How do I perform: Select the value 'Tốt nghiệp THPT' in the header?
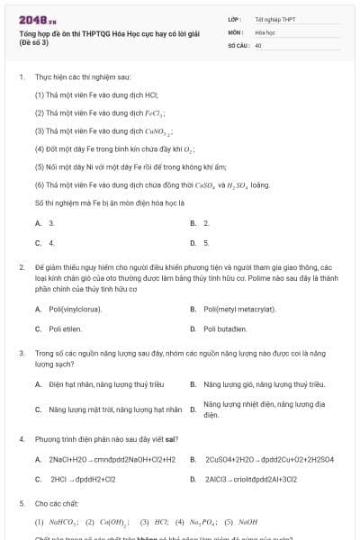point(275,18)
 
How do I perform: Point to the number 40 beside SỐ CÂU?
point(258,44)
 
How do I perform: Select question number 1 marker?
point(21,77)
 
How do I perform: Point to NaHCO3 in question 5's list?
point(63,521)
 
